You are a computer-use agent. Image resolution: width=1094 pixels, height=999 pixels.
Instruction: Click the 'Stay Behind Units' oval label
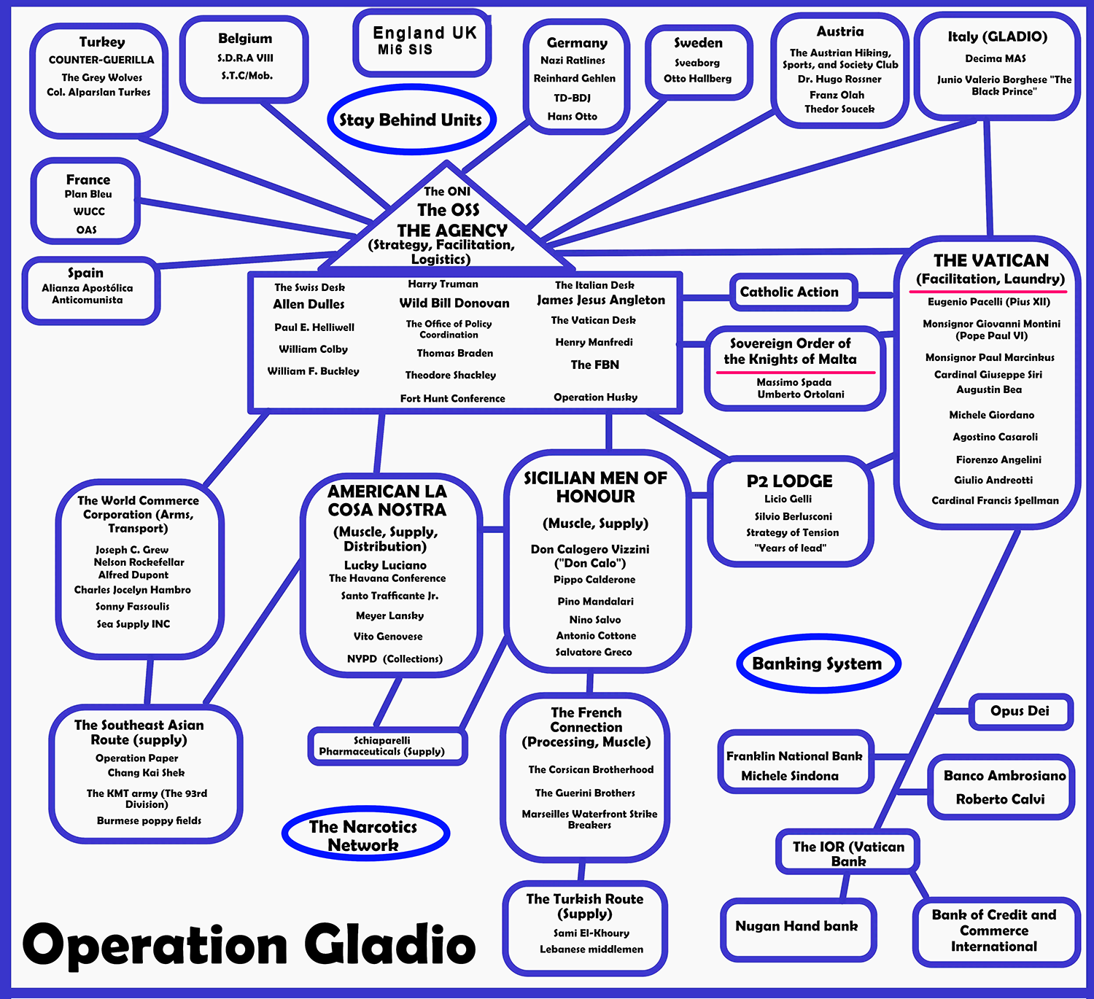point(411,120)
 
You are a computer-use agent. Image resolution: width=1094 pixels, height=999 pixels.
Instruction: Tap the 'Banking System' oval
point(817,664)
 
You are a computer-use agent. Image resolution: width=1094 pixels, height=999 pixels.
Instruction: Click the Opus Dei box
point(1020,711)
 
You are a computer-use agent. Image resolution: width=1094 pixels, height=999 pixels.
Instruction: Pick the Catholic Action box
point(789,292)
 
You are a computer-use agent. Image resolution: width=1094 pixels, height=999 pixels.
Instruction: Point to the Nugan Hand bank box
point(796,927)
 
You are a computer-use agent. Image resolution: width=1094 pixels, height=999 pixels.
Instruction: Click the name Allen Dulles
point(309,304)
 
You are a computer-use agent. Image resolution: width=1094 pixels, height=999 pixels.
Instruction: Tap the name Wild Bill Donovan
point(454,303)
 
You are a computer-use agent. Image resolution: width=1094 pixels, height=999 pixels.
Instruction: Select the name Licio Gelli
point(788,499)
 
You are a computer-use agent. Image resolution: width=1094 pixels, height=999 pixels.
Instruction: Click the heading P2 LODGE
point(789,481)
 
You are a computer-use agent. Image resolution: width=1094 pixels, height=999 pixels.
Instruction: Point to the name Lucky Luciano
point(385,565)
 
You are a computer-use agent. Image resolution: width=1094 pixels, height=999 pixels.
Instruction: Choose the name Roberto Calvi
point(1000,799)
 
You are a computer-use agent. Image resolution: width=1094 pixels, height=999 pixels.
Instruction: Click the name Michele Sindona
point(790,776)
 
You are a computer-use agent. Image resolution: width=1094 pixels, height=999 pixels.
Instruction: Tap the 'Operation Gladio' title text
point(249,946)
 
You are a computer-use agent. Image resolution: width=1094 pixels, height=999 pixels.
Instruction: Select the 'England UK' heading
point(424,33)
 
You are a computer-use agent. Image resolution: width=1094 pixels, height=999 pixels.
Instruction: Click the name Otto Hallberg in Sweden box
point(697,79)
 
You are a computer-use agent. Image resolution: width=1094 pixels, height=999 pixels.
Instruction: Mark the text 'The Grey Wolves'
point(102,77)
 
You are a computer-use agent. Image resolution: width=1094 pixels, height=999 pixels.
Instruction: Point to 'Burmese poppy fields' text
point(149,820)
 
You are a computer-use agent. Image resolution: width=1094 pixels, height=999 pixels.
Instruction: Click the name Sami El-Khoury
point(591,933)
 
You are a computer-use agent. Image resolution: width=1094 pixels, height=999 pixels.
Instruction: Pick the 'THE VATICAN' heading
point(990,260)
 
